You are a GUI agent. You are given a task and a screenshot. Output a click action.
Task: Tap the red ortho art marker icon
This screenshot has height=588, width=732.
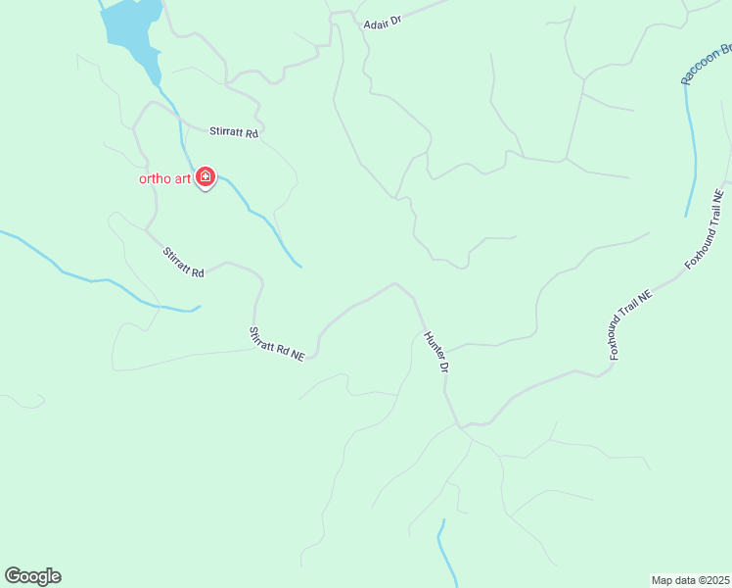206,176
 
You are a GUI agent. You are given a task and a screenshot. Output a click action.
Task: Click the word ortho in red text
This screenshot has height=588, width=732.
155,178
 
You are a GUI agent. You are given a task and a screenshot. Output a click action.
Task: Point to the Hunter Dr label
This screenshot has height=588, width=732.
435,353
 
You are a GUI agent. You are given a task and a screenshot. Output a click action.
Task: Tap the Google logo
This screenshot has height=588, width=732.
32,576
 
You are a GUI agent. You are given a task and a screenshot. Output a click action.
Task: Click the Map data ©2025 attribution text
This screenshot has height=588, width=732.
691,580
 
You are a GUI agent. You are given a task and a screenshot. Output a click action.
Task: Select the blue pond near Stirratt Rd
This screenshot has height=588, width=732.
132,29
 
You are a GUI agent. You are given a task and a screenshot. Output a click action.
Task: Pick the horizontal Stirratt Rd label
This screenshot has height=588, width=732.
233,132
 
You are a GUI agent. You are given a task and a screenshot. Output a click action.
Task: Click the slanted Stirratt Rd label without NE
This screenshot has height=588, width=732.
184,262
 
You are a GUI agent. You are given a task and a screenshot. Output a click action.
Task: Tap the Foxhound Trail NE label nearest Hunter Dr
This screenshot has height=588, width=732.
630,324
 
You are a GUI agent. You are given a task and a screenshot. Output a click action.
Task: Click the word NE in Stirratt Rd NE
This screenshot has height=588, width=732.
297,356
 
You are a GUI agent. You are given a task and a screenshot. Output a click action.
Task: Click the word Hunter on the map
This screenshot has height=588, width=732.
432,345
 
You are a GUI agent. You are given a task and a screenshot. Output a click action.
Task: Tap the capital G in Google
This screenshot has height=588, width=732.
13,576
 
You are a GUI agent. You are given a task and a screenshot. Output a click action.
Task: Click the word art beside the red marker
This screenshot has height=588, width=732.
182,178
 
